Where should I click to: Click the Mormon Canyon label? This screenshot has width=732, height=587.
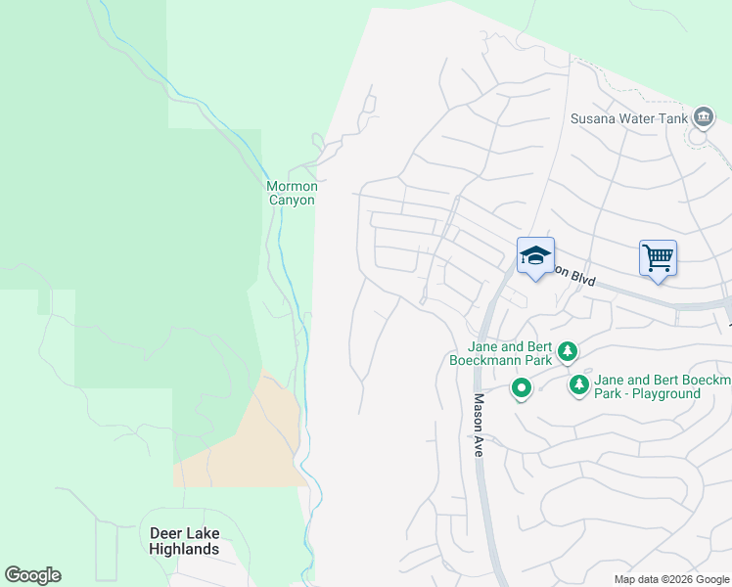click(x=292, y=193)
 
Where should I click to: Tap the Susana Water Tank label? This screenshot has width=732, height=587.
click(x=629, y=119)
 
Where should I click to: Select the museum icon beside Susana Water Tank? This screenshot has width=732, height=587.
click(x=703, y=118)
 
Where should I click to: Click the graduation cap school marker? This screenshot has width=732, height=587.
click(x=535, y=256)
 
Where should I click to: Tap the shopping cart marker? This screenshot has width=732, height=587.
click(x=659, y=258)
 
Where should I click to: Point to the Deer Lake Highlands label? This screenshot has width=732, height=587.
click(x=184, y=541)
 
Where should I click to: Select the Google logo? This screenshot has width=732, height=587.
click(x=32, y=575)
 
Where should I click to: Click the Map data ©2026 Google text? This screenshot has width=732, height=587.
click(x=671, y=579)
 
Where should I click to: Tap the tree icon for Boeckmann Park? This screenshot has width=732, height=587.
click(x=567, y=350)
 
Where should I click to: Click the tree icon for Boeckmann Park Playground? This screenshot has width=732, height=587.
click(x=580, y=386)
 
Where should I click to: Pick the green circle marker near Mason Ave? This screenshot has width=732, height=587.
click(x=523, y=389)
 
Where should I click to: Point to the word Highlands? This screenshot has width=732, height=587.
click(x=184, y=549)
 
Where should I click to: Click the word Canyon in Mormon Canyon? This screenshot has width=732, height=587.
click(x=292, y=200)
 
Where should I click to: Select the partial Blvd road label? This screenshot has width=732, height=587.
click(x=575, y=276)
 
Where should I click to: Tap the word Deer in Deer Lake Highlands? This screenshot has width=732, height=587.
click(x=165, y=533)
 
